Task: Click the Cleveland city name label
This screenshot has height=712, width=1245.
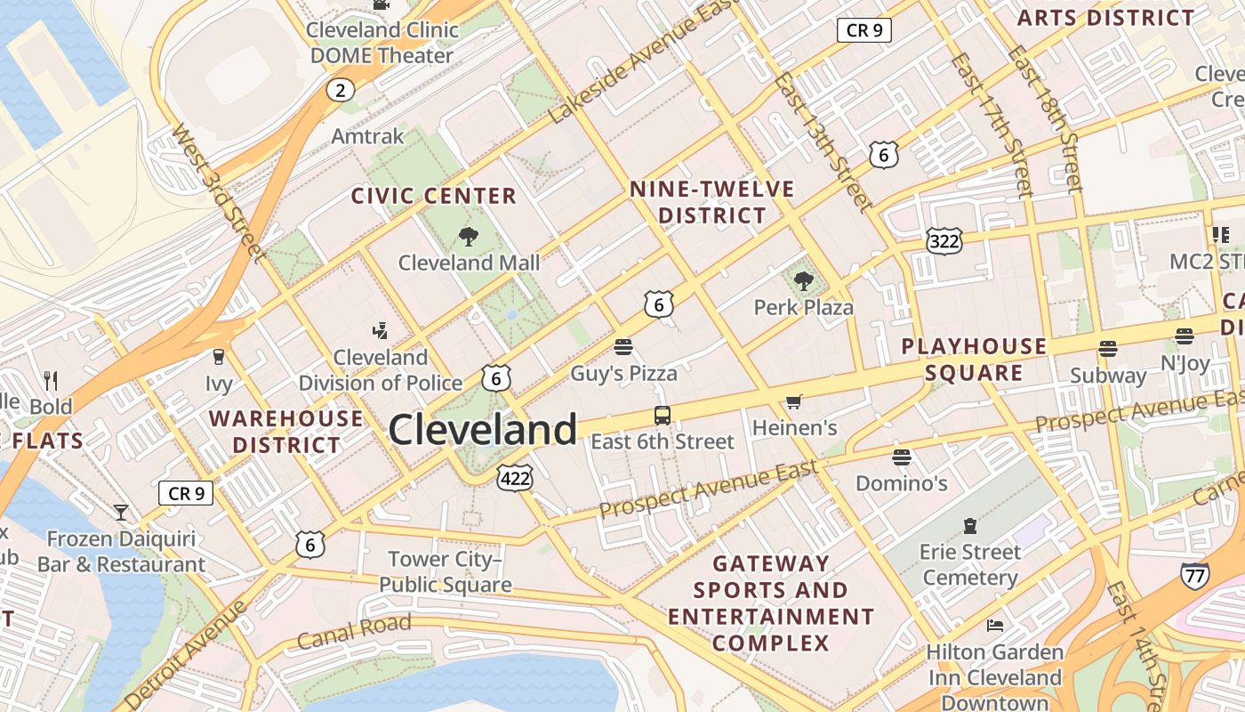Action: (483, 430)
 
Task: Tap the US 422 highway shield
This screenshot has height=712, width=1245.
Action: (515, 478)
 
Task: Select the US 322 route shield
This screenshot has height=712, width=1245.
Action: (944, 240)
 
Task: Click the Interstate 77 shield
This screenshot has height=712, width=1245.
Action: (1194, 576)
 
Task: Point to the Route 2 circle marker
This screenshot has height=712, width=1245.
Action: (339, 90)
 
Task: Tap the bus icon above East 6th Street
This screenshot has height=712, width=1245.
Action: (663, 415)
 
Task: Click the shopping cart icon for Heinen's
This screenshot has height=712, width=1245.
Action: (793, 402)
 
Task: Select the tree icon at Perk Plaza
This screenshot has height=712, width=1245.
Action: (804, 281)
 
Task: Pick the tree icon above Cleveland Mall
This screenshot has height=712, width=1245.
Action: (468, 237)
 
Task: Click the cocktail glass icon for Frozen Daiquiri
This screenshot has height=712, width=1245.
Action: (120, 513)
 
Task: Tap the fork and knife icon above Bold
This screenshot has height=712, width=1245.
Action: (51, 381)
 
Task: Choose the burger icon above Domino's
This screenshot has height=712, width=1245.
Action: (902, 457)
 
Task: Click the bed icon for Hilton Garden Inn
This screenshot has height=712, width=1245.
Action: (995, 626)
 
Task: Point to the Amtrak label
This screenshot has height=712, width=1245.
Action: (367, 136)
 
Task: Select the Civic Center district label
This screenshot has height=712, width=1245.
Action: (433, 196)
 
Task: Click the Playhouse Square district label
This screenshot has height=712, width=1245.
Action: (974, 360)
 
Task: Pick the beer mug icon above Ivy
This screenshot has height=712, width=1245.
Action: (218, 357)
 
